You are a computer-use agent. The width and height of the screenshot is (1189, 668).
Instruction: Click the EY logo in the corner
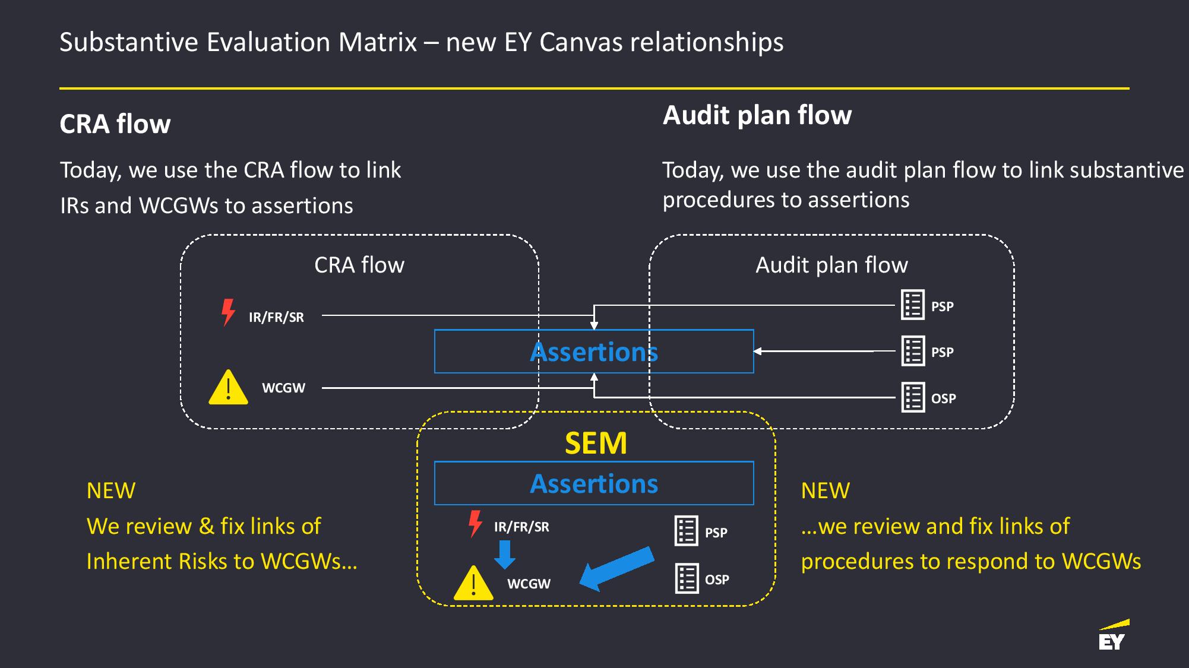[1114, 635]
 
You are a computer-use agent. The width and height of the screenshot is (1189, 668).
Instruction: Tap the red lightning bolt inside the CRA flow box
[228, 312]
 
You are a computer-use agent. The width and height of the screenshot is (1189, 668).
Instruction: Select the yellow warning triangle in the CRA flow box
[228, 388]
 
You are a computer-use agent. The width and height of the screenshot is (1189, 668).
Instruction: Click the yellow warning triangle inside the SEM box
[473, 583]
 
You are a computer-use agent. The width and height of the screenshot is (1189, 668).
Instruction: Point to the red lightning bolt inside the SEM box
[475, 524]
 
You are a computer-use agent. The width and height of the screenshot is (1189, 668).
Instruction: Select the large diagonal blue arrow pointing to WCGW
[616, 569]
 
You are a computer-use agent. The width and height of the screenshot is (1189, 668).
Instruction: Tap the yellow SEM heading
[596, 443]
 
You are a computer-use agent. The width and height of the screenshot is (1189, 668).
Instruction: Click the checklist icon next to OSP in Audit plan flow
[913, 397]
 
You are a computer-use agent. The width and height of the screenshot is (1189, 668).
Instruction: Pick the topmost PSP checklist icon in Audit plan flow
[913, 305]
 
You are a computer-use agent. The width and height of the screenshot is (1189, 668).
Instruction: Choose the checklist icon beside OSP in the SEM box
[687, 578]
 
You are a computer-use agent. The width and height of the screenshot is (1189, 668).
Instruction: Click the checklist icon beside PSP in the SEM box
[687, 531]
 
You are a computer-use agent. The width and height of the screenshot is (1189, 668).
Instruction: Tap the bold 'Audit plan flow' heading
[757, 115]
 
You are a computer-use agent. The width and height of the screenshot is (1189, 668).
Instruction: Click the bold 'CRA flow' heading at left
[115, 124]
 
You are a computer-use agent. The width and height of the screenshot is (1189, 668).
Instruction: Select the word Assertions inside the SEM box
[594, 483]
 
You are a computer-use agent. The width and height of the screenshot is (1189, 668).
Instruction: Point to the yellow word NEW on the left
[111, 490]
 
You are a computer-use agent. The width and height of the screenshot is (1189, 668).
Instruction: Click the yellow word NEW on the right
[826, 490]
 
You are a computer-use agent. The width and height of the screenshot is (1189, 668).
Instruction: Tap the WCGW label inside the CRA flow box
[284, 388]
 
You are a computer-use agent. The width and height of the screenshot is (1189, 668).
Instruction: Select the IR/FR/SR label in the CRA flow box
[276, 317]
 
